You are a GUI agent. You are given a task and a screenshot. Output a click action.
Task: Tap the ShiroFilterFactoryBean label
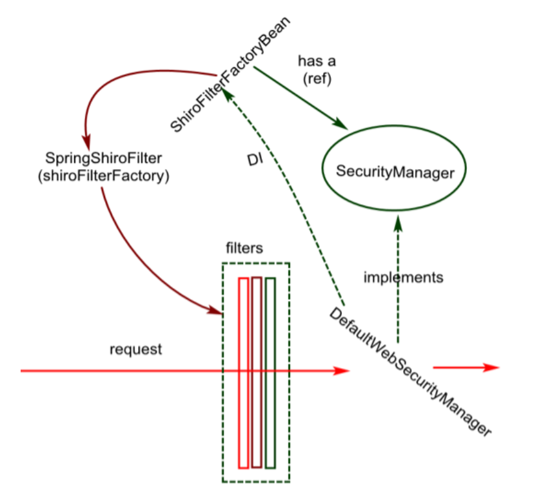click(x=230, y=73)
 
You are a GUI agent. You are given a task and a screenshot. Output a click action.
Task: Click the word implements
click(x=404, y=278)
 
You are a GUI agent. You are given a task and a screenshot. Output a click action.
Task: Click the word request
click(x=136, y=349)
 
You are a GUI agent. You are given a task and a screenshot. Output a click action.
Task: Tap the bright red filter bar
click(x=243, y=373)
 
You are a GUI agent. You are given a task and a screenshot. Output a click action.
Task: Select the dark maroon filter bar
click(x=257, y=373)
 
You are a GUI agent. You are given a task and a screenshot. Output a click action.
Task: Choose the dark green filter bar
click(x=270, y=373)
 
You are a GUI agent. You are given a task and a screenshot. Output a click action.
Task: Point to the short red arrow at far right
click(x=466, y=367)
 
